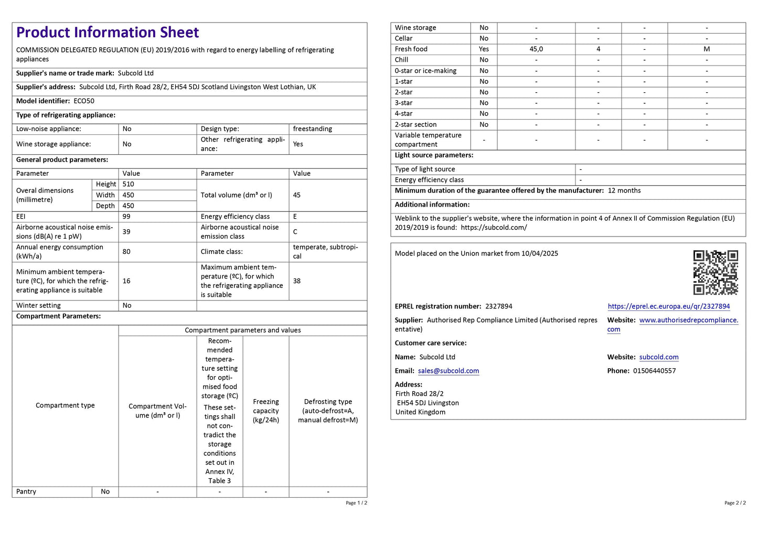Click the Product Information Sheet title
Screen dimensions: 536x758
pos(108,33)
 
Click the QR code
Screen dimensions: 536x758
pos(715,272)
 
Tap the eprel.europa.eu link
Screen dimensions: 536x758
pos(668,306)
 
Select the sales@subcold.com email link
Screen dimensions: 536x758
pos(448,371)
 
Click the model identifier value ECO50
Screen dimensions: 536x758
pos(84,101)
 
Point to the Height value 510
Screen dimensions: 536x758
pos(129,184)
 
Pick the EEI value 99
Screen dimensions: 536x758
pos(126,217)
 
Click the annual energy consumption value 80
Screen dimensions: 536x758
pos(126,252)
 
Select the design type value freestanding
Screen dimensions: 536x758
pos(312,129)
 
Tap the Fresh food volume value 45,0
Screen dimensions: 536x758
pos(536,49)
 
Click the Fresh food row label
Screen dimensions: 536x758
pos(411,49)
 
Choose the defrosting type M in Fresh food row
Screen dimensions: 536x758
pos(707,49)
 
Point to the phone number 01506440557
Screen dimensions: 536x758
pos(654,371)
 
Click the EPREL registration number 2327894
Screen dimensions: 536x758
pos(498,306)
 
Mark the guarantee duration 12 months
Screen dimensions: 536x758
pos(624,191)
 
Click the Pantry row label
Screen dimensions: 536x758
pos(26,492)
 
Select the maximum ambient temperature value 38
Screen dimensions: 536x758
pos(297,281)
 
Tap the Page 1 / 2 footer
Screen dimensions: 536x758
pos(356,503)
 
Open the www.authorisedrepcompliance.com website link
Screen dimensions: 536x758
pos(688,320)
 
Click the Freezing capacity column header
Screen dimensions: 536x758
pos(266,411)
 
